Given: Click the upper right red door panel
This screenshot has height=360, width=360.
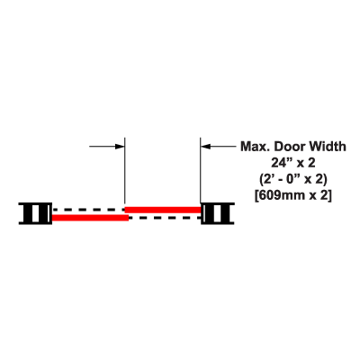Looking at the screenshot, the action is coord(163,210).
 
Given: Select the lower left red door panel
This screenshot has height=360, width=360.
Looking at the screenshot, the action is coord(90,218).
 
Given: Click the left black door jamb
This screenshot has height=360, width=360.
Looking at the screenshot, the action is coord(35,213).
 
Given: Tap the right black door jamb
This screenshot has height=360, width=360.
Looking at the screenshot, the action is coord(218,213).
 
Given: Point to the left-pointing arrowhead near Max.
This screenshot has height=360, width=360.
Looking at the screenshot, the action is coord(205,147).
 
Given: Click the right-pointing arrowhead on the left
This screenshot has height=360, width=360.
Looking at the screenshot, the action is coord(120,147).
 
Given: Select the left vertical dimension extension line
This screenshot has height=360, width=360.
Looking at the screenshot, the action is coord(124,171).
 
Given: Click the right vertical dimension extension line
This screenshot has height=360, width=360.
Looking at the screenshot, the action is coord(201,171).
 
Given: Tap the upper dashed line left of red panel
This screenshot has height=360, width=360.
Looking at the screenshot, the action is coord(88,210).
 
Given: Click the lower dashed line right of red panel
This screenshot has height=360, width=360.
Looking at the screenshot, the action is coord(165,218).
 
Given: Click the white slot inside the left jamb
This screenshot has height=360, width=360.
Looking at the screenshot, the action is coord(35,213).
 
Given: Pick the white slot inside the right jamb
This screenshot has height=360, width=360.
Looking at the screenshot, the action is coord(217,213).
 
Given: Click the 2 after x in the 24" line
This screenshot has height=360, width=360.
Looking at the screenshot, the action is coord(311,163).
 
